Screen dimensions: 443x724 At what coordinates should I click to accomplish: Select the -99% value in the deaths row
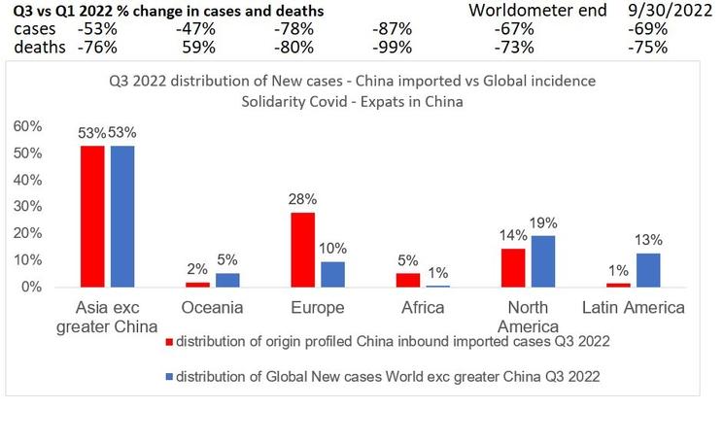(x=392, y=47)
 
